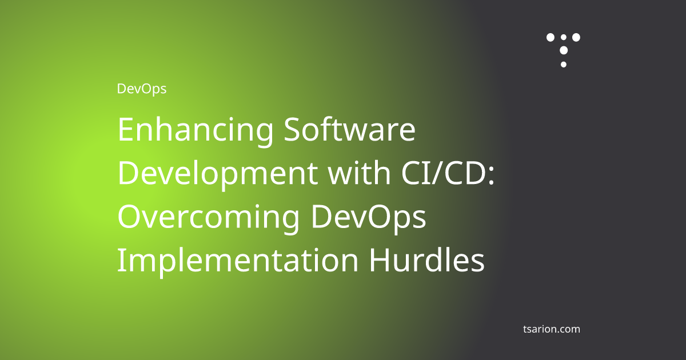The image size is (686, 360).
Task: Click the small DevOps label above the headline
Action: (x=141, y=89)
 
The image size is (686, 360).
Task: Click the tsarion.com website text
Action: (x=551, y=329)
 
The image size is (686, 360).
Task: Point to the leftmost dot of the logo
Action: (x=551, y=38)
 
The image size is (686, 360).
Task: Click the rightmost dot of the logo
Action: (x=576, y=38)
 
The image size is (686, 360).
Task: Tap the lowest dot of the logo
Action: (x=564, y=64)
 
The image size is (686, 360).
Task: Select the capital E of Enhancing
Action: (x=125, y=130)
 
